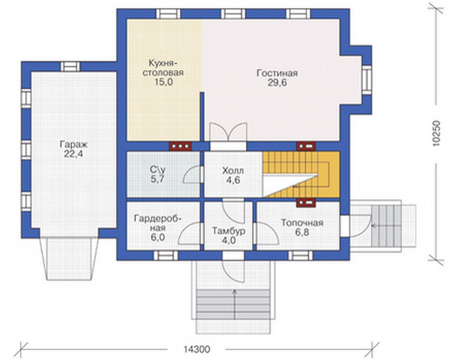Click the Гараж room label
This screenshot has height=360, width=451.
(74, 144)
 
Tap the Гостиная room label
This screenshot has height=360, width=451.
(277, 73)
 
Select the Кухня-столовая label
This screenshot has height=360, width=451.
(163, 68)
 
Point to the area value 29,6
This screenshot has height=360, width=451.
(277, 83)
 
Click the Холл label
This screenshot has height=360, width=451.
(233, 171)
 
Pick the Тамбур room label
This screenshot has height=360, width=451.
(229, 231)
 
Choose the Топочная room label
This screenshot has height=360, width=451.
(302, 223)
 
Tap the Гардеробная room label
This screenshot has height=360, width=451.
(158, 223)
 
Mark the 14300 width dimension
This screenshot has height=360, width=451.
(197, 349)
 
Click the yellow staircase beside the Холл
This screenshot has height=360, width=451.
(301, 174)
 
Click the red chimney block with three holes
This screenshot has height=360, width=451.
(180, 146)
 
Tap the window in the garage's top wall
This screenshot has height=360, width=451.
(70, 66)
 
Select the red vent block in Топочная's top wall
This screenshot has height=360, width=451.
(306, 202)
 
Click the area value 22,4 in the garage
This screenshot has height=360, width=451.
(73, 154)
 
